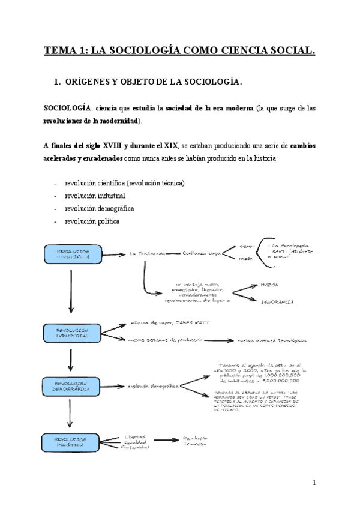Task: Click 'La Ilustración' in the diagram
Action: tap(147, 254)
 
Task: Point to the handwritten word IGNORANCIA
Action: tap(278, 301)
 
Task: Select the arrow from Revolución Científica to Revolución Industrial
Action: tap(71, 291)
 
